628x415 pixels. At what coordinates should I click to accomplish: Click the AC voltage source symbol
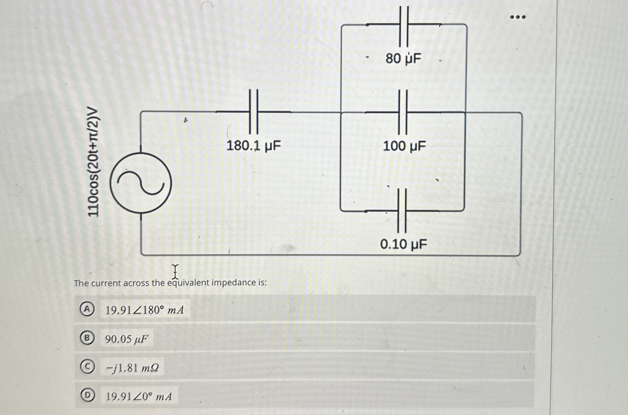point(141,183)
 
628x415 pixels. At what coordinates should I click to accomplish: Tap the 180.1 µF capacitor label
point(254,146)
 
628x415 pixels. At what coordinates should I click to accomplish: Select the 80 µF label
point(403,58)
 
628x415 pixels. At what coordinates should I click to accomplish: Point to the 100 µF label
point(404,146)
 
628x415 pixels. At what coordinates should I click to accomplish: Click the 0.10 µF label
point(403,244)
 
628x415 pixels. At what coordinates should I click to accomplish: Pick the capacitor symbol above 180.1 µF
point(253,112)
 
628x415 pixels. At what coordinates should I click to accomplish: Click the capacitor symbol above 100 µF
point(403,112)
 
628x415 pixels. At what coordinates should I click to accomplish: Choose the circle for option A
point(87,310)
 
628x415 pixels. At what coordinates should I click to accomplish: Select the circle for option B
point(87,338)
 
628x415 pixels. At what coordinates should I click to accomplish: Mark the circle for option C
point(87,367)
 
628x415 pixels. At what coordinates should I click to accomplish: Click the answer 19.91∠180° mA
point(145,310)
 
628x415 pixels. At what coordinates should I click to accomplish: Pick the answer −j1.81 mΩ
point(132,368)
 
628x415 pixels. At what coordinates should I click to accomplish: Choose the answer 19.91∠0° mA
point(139,396)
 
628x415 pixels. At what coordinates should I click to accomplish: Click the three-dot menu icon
point(517,17)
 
